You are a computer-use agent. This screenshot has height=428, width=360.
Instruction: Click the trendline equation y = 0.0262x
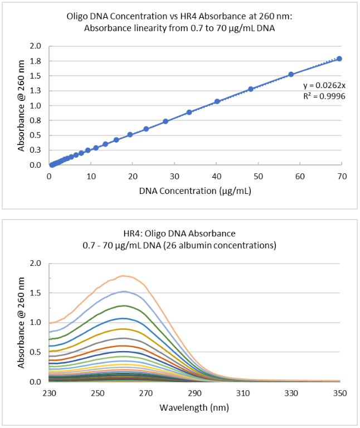(x=321, y=85)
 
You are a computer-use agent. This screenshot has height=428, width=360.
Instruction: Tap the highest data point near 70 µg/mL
(x=339, y=59)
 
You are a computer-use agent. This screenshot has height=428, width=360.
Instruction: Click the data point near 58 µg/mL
(x=291, y=74)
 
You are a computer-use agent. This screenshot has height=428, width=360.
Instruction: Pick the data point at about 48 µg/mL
(x=251, y=89)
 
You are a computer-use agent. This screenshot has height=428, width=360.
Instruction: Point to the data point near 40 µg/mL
(x=217, y=101)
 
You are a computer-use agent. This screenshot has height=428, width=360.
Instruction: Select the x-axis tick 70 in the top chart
(x=342, y=176)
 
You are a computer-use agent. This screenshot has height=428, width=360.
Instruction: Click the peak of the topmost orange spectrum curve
(x=124, y=275)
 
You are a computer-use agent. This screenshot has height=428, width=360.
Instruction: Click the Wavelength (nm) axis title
(x=194, y=407)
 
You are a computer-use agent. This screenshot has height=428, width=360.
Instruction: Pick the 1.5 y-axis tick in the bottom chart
(x=35, y=293)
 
